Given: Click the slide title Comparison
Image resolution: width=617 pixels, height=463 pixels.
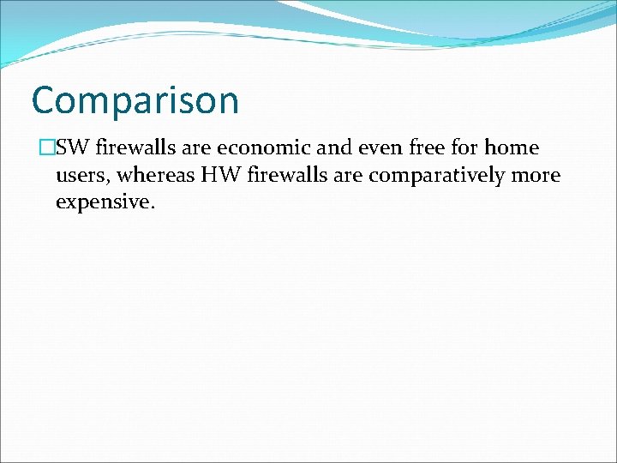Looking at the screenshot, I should tap(135, 101).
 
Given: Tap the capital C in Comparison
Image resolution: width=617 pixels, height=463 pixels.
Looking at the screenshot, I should tap(44, 100).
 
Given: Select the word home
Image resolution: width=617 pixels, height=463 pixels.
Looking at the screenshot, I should tap(512, 148).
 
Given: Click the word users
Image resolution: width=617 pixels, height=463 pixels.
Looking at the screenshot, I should tap(82, 177).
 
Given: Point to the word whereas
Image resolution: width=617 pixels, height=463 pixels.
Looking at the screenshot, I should tap(158, 176).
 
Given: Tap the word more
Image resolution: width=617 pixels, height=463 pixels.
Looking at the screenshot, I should tap(536, 177).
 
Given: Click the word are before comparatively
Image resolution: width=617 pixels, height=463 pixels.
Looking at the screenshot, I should tap(344, 177).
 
